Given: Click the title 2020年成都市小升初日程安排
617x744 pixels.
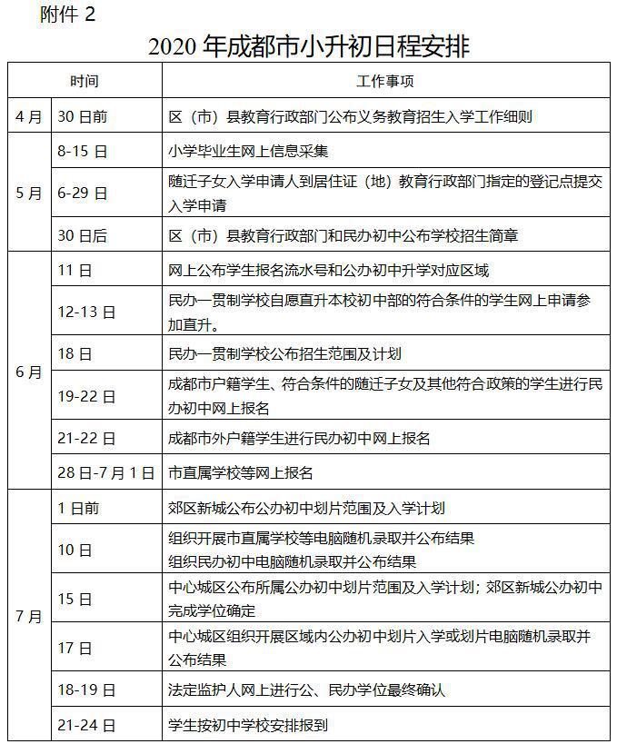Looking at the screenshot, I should click(x=309, y=45).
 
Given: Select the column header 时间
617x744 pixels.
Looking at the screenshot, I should click(x=85, y=81).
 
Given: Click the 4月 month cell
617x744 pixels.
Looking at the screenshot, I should click(x=29, y=116).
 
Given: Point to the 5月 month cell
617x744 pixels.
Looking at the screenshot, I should click(x=29, y=193).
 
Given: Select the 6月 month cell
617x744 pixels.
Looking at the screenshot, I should click(x=29, y=372).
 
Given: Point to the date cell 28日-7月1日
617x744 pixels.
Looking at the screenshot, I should click(x=105, y=472).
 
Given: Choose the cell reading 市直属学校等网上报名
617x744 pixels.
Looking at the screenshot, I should click(x=241, y=472).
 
